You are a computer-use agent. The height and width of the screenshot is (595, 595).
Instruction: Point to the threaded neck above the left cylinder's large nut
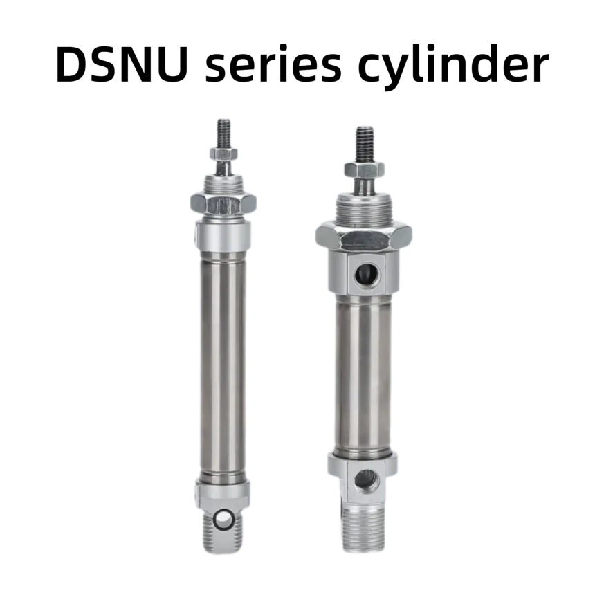(x=223, y=183)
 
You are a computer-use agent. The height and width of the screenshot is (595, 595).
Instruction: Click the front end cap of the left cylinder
(x=223, y=232)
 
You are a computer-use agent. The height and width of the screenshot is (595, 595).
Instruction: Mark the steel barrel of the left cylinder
(x=223, y=360)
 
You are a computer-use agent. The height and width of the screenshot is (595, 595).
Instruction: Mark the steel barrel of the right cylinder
(x=363, y=374)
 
